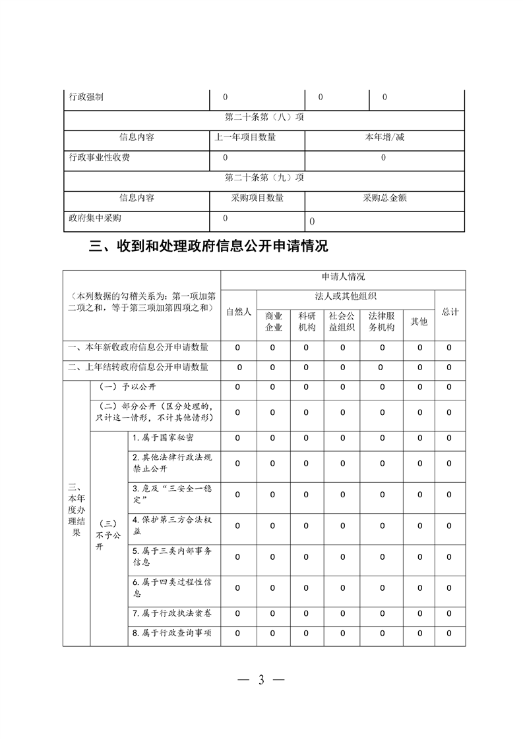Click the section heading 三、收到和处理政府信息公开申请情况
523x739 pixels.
tap(208, 247)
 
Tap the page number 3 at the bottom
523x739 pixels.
tap(261, 680)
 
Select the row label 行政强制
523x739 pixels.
tap(86, 97)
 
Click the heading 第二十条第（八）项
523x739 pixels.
tap(264, 118)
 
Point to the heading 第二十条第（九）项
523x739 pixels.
tap(264, 178)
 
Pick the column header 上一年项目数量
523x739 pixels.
tap(245, 138)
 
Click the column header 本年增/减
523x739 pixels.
tap(385, 138)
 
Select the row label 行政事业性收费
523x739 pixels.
tap(100, 158)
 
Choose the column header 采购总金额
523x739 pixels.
tap(385, 198)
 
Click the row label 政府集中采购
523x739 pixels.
tap(95, 218)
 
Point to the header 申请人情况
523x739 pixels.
tap(343, 277)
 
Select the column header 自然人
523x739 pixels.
tap(239, 312)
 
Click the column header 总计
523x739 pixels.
tap(450, 312)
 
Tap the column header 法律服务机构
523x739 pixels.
tap(381, 321)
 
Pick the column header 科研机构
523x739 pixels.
tap(307, 321)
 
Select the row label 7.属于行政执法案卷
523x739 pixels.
tap(172, 613)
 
